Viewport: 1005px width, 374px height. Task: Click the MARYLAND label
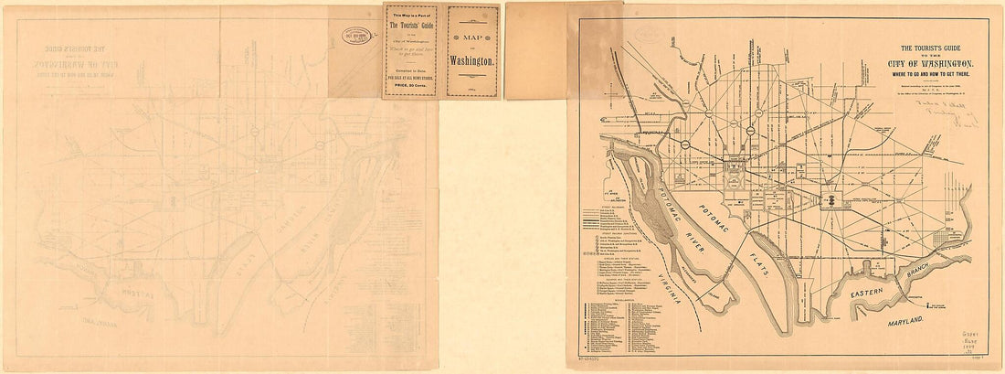pos(901,324)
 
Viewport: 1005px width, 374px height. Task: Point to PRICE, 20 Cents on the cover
pos(410,83)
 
